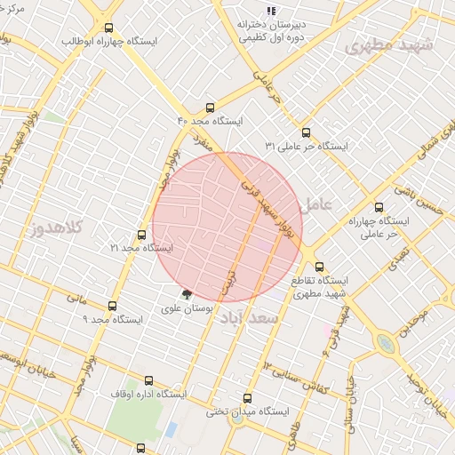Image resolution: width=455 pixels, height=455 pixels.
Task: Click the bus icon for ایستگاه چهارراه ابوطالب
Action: pyautogui.click(x=109, y=28)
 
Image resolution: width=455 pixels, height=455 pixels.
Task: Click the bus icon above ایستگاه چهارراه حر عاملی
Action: pyautogui.click(x=380, y=207)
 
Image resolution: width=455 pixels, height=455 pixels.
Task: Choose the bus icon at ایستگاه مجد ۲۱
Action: pyautogui.click(x=141, y=235)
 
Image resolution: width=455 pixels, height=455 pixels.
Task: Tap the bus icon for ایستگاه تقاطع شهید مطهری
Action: pyautogui.click(x=319, y=266)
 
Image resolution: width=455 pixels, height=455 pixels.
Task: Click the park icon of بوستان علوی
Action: pyautogui.click(x=186, y=294)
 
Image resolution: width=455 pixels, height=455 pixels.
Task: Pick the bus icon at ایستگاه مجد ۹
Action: pyautogui.click(x=112, y=305)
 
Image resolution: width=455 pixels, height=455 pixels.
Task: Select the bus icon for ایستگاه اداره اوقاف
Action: pyautogui.click(x=148, y=380)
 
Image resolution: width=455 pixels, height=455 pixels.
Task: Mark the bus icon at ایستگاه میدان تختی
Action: pyautogui.click(x=247, y=398)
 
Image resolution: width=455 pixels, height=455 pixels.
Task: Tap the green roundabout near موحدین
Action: pyautogui.click(x=386, y=343)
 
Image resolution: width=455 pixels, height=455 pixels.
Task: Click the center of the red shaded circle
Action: pyautogui.click(x=227, y=227)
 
